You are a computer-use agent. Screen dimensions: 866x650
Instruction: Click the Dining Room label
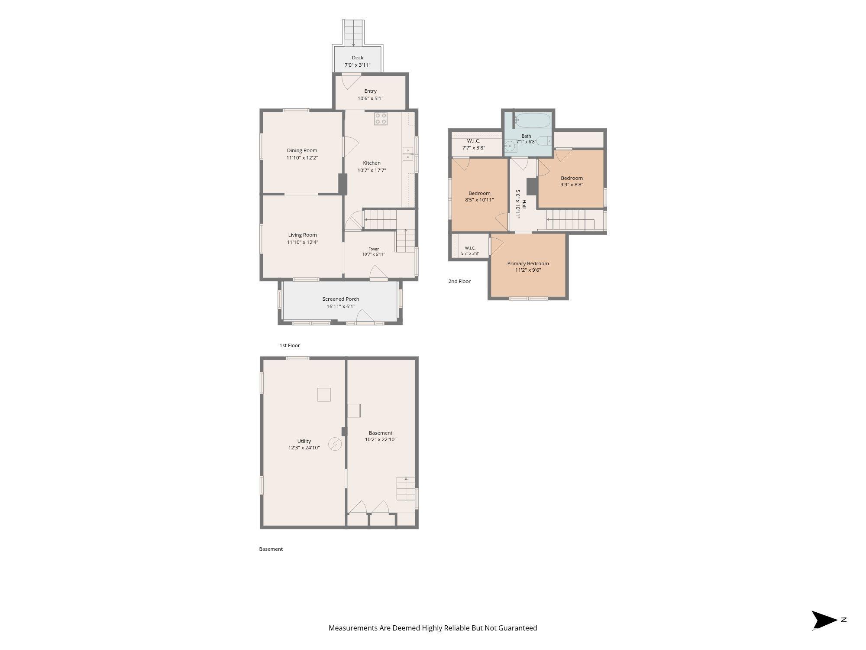tap(302, 150)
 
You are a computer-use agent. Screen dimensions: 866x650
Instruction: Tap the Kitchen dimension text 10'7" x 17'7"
tap(372, 170)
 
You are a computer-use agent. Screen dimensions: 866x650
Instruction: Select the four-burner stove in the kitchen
tap(381, 119)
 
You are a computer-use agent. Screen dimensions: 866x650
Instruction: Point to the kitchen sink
tap(408, 154)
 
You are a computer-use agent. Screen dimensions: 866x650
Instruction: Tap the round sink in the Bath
tap(509, 146)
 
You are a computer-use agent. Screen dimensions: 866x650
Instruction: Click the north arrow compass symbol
tap(824, 620)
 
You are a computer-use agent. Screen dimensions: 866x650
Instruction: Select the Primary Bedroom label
tap(528, 263)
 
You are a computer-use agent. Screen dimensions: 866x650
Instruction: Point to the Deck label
tap(358, 58)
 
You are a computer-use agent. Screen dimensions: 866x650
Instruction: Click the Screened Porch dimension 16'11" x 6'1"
tap(341, 306)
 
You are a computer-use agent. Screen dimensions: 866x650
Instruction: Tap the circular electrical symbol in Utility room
tap(334, 444)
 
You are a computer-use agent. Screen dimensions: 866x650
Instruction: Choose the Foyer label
tap(373, 249)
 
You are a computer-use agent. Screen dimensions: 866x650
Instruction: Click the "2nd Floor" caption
tap(459, 281)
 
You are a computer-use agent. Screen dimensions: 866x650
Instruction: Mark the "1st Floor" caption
tap(290, 345)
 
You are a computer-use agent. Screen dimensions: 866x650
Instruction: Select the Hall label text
tap(524, 204)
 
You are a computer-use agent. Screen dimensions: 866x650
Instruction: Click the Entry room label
tap(370, 91)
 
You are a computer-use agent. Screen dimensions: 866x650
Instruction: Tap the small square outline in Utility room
tap(324, 395)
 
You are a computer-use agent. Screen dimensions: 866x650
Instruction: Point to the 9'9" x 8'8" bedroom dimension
tap(572, 185)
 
